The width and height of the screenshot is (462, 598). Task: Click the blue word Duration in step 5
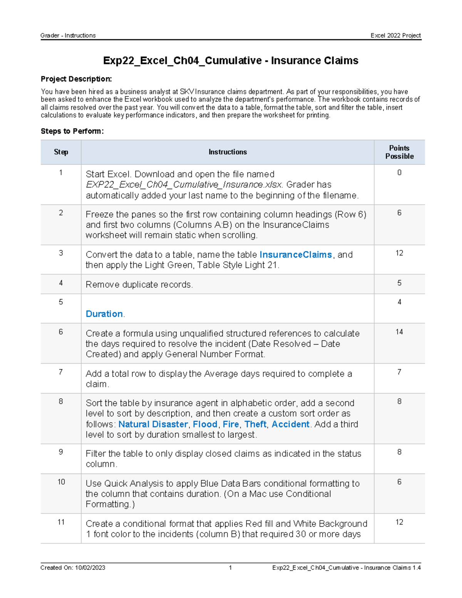click(x=104, y=314)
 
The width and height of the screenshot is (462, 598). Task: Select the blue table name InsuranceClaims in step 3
click(x=295, y=255)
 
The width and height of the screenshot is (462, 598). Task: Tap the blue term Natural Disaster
click(x=153, y=424)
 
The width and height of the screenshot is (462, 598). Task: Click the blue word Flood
click(x=205, y=424)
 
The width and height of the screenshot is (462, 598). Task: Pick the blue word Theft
click(x=255, y=424)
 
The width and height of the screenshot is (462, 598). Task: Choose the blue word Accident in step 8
click(x=290, y=424)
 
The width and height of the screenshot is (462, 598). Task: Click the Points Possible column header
click(x=399, y=152)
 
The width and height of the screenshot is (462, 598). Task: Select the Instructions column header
click(x=228, y=152)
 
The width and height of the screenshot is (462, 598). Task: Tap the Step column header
click(x=61, y=152)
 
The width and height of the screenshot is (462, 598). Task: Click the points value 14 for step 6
click(x=399, y=332)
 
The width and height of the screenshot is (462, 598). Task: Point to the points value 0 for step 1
click(x=399, y=173)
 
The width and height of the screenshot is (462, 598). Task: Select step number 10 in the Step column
click(x=61, y=482)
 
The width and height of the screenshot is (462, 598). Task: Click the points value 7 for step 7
click(x=399, y=372)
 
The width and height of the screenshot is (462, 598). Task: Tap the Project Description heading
click(x=76, y=79)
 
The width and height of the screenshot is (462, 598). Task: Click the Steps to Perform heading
click(x=72, y=131)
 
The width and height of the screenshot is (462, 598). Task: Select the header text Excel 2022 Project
click(x=395, y=35)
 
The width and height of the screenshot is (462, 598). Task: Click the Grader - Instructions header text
click(x=68, y=35)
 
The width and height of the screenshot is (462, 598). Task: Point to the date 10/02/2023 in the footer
click(x=90, y=568)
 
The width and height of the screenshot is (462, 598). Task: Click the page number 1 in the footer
click(x=230, y=568)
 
